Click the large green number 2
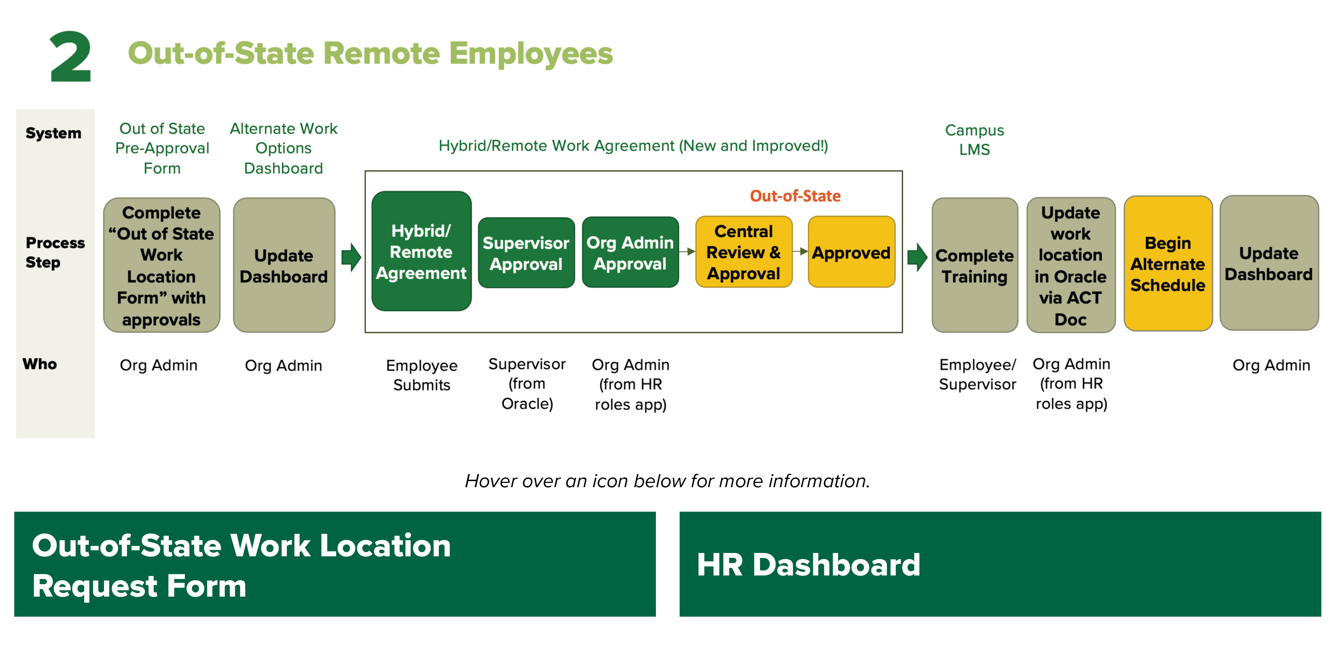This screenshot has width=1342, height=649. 70,56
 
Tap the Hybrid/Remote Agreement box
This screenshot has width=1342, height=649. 421,252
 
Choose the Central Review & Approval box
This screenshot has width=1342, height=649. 743,252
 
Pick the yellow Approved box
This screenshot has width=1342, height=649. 851,252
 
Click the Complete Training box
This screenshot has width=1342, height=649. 974,265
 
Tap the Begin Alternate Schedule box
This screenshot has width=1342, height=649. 1168,264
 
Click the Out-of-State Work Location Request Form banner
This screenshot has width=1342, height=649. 334,564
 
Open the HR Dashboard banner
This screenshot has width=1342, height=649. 1000,564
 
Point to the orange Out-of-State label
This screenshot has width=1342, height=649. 795,196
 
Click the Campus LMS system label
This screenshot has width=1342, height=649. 974,140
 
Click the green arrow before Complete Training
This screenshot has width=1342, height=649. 917,257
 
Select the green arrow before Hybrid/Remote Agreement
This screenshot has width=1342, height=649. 351,257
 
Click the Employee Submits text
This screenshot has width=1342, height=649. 421,375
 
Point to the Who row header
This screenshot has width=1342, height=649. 40,364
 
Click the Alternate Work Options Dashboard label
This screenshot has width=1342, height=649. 283,148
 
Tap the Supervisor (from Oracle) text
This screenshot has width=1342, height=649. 527,384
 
